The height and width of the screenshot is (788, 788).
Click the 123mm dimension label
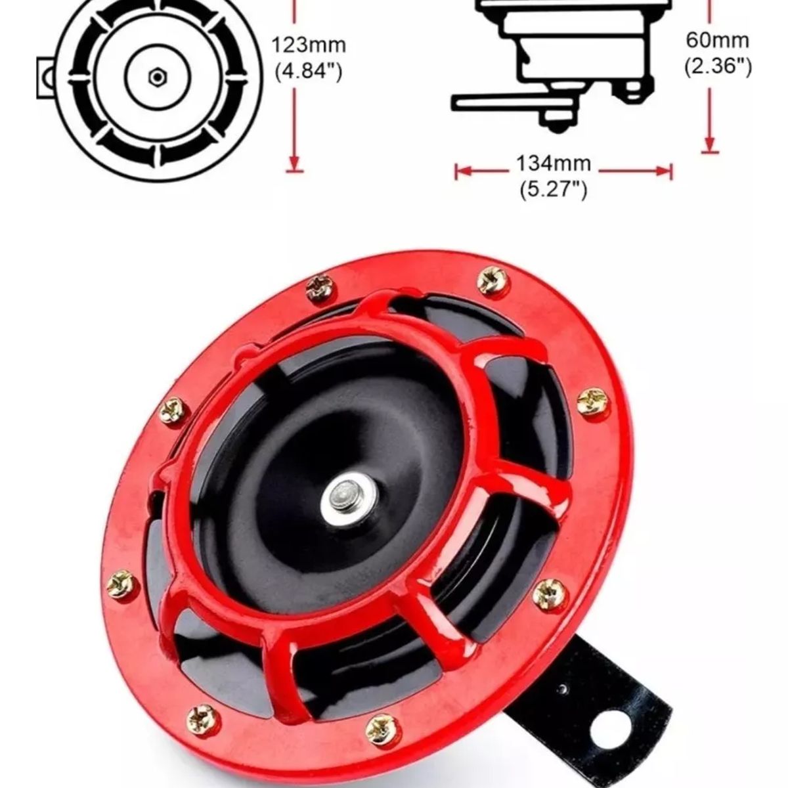[x=308, y=45]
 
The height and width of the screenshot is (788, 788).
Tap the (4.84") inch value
[x=308, y=70]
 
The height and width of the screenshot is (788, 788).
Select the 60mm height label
[x=717, y=41]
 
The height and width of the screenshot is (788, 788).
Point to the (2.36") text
[x=717, y=66]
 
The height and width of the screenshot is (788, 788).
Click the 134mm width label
[x=554, y=163]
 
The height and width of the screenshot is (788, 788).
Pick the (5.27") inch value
[x=554, y=190]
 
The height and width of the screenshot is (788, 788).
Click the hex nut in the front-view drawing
[x=156, y=77]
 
